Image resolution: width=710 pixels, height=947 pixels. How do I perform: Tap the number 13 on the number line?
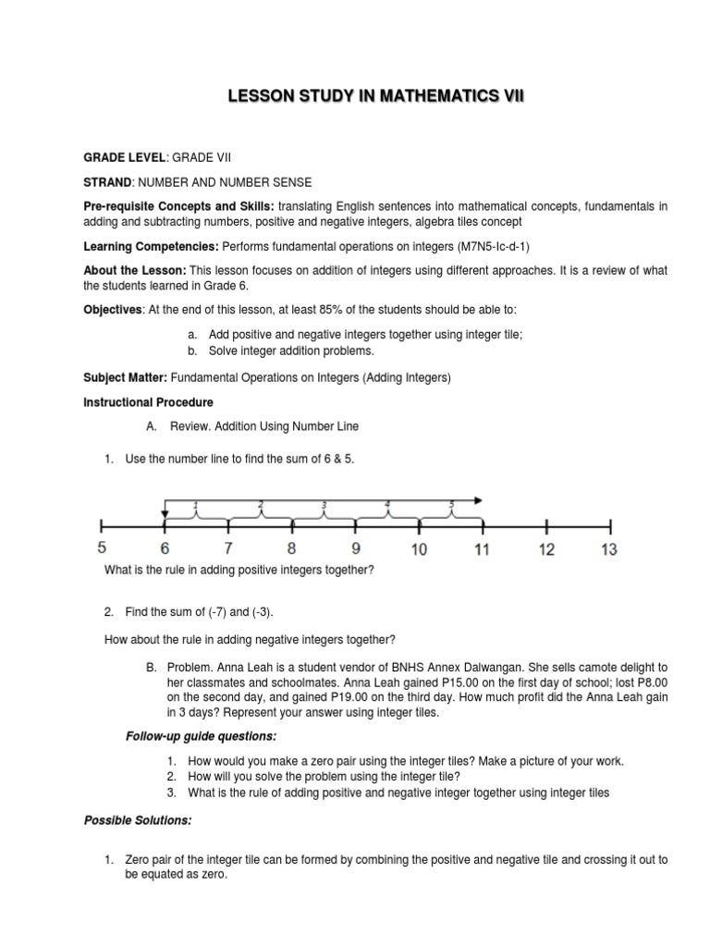click(608, 549)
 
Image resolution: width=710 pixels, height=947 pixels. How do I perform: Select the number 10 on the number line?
click(419, 549)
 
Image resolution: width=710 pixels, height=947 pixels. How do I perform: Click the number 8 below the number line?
click(292, 549)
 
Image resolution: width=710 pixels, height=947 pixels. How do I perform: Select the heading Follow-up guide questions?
click(201, 736)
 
